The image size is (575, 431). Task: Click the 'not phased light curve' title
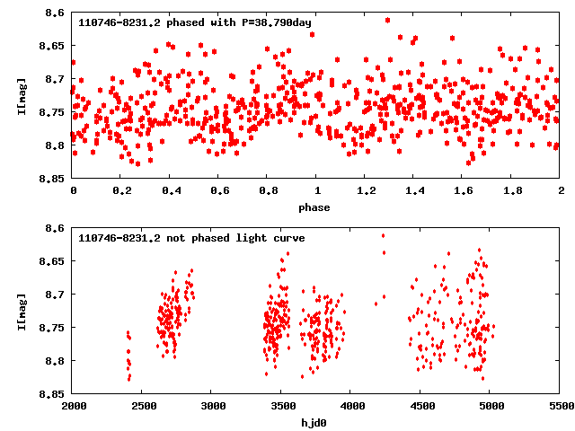point(191,238)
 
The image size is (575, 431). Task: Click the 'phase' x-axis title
point(315,207)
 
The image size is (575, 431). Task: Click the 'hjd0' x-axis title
point(315,422)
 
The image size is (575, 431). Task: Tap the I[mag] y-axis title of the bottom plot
point(21,311)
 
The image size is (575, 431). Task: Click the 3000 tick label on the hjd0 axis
point(212,406)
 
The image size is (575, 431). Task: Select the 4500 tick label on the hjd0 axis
point(420,406)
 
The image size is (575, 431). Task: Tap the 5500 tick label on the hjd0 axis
point(560,406)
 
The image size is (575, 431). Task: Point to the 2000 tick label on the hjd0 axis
point(73,406)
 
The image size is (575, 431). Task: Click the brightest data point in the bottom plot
point(384,236)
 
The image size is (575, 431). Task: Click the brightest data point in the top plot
point(387,20)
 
